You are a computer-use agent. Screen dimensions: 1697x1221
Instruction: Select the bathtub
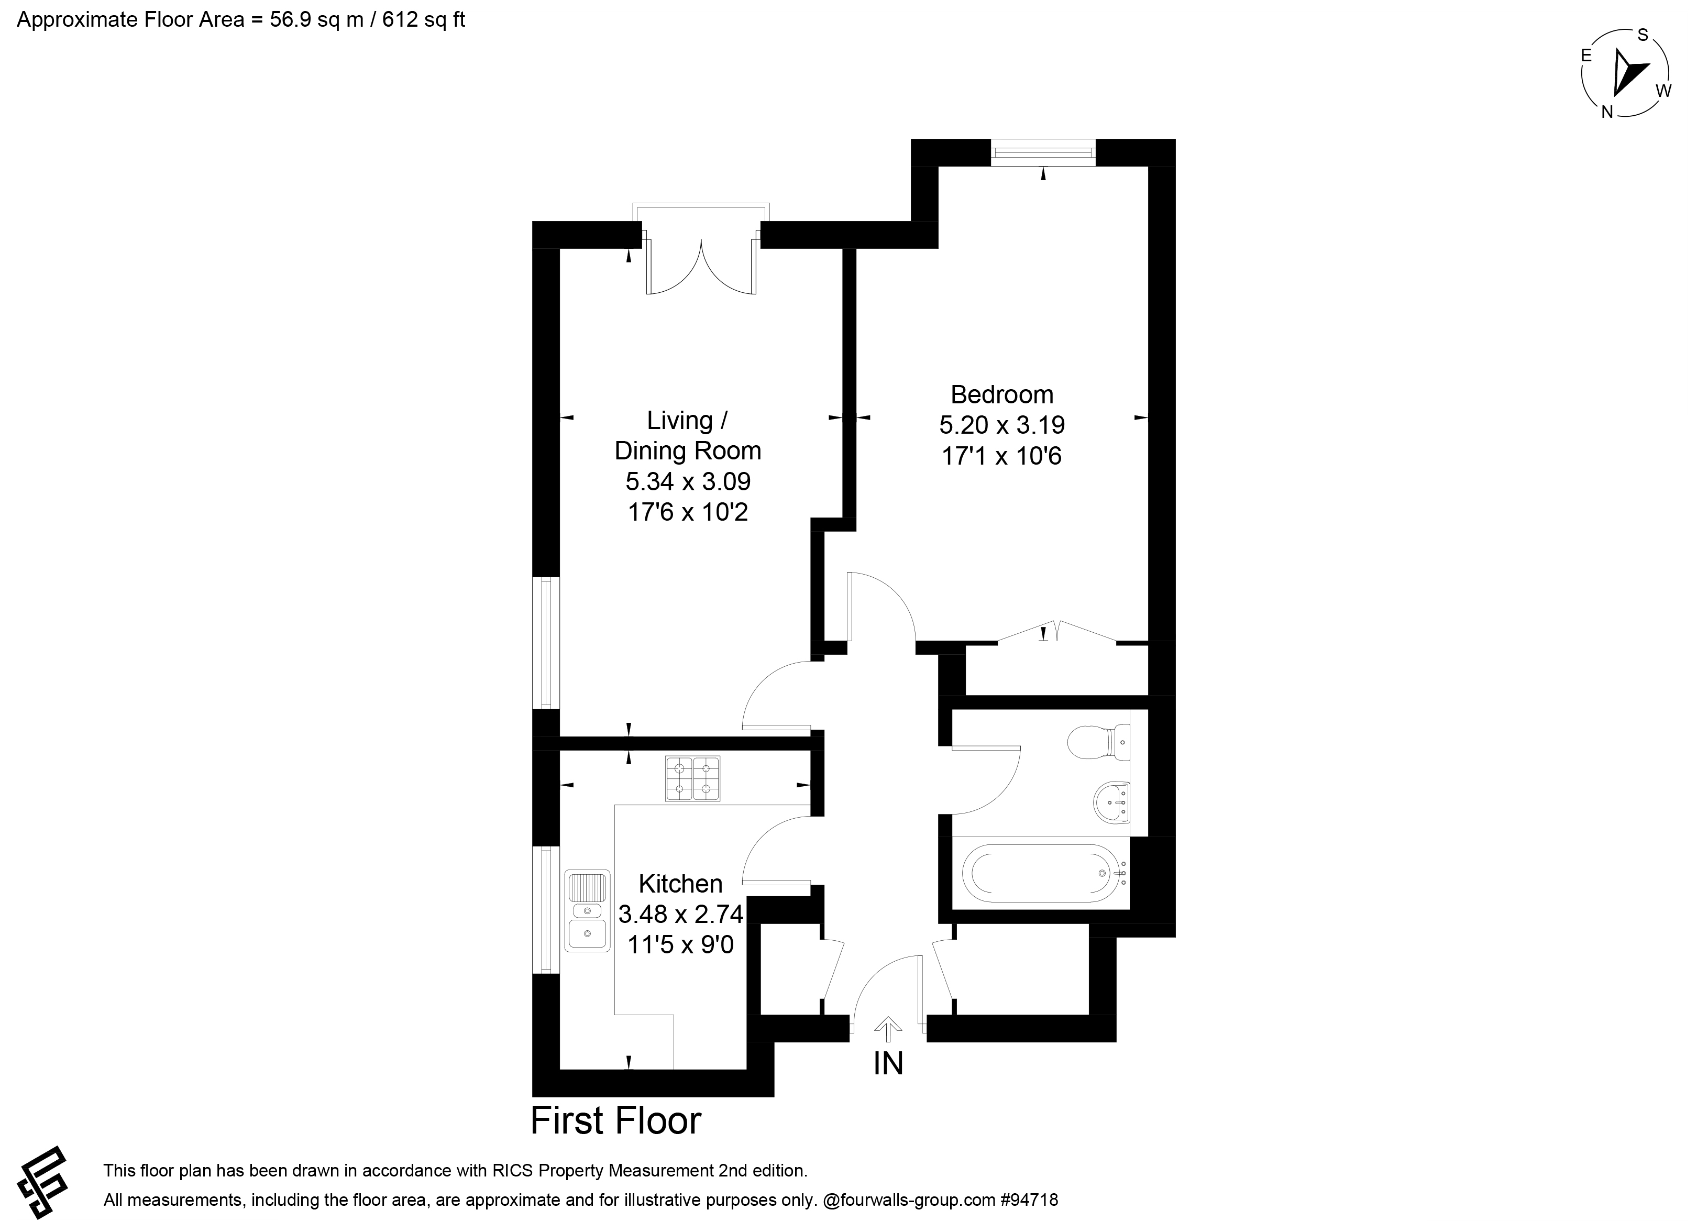click(x=1045, y=873)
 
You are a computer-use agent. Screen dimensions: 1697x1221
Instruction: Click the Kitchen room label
click(x=680, y=884)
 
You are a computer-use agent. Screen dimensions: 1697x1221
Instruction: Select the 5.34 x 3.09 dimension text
click(x=688, y=480)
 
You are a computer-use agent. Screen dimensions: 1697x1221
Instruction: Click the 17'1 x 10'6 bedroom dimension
click(x=1001, y=456)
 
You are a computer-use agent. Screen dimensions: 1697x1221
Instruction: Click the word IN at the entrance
click(x=888, y=1063)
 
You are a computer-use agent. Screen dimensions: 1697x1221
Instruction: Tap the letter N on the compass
click(x=1606, y=113)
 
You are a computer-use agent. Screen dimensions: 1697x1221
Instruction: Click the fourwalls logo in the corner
click(x=42, y=1183)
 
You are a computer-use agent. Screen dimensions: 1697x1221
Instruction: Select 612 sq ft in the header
click(x=424, y=19)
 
